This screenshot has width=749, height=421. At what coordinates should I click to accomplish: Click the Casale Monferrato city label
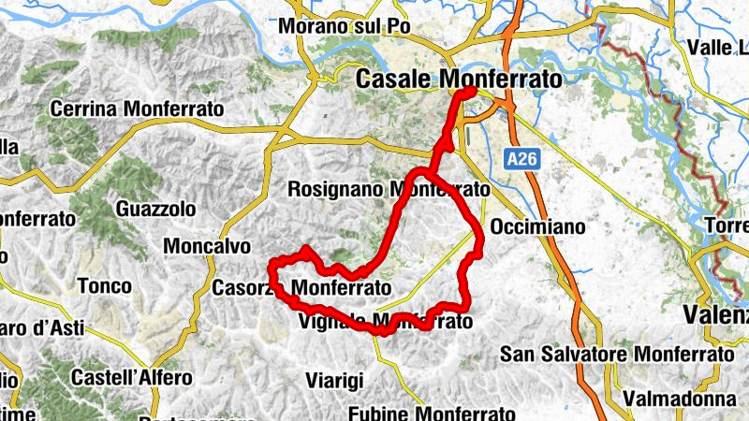[459, 80]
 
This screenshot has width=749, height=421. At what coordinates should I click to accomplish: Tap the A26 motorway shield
[523, 160]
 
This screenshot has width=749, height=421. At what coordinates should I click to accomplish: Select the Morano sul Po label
[345, 26]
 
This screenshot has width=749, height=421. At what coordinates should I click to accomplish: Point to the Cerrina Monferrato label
[137, 109]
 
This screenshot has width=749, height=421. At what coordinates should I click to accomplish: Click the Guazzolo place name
[156, 208]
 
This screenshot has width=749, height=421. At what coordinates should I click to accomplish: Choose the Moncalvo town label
[207, 246]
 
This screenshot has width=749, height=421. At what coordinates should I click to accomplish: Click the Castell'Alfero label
[132, 378]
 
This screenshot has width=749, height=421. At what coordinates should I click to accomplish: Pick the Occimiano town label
[537, 227]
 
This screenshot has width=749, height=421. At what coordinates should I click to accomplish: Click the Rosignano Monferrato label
[389, 189]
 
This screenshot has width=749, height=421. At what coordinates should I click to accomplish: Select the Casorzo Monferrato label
[301, 286]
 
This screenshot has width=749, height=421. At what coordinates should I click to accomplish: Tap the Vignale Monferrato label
[383, 322]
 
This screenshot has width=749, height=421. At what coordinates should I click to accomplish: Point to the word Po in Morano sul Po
[399, 26]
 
